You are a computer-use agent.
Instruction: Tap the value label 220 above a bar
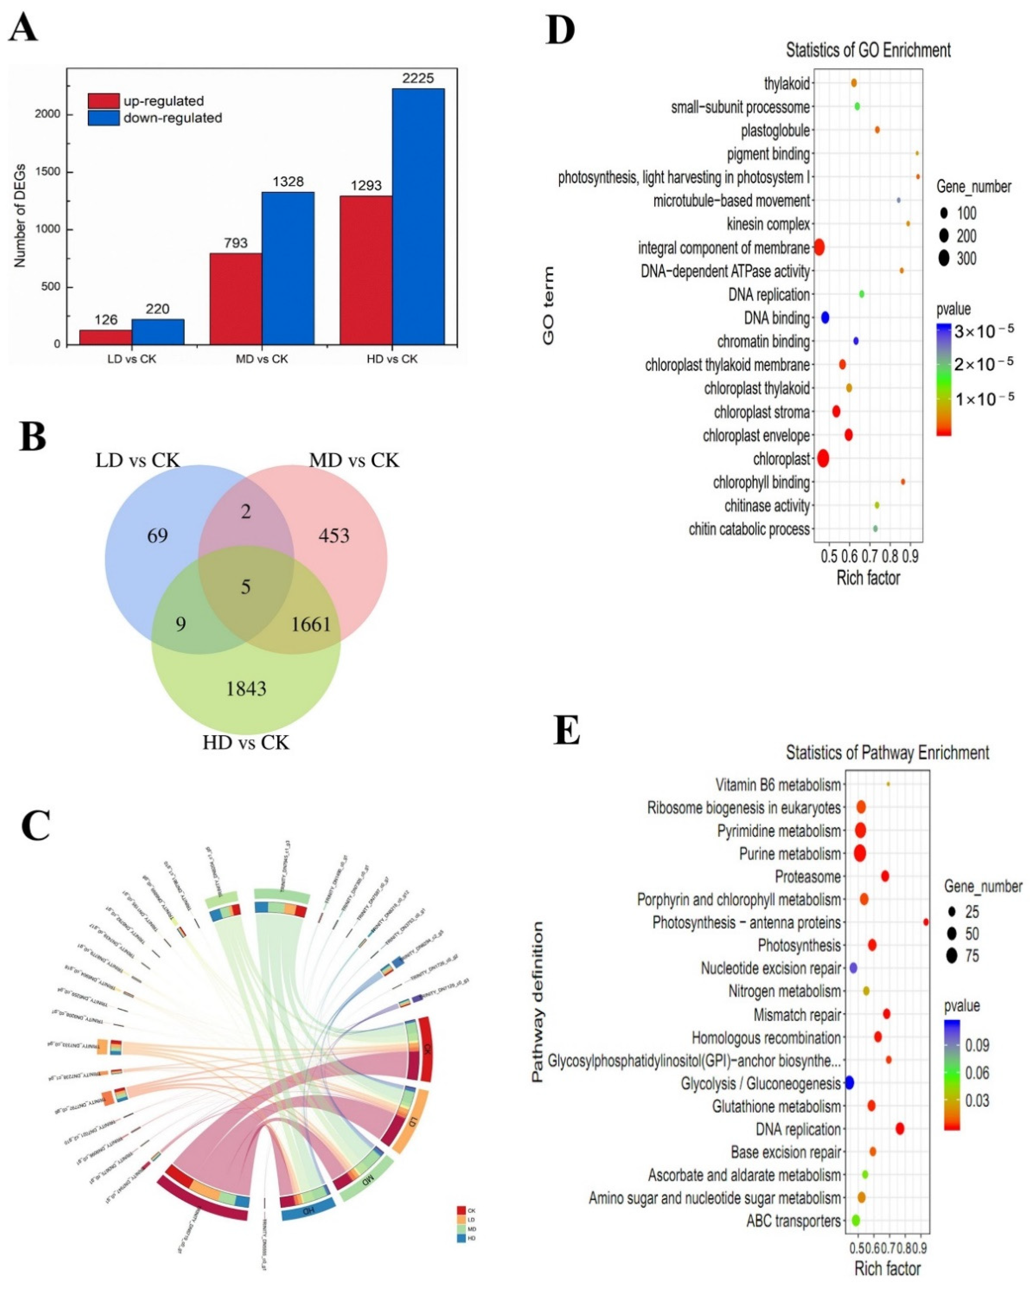click(x=158, y=309)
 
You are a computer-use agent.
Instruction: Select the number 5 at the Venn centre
click(x=246, y=587)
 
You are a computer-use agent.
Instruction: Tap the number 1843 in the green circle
click(x=246, y=689)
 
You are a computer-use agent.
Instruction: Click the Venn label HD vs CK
click(x=246, y=743)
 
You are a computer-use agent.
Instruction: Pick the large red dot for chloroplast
click(x=823, y=458)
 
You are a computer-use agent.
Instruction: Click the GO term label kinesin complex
click(x=768, y=224)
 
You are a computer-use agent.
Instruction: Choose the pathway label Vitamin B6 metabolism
click(x=778, y=784)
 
